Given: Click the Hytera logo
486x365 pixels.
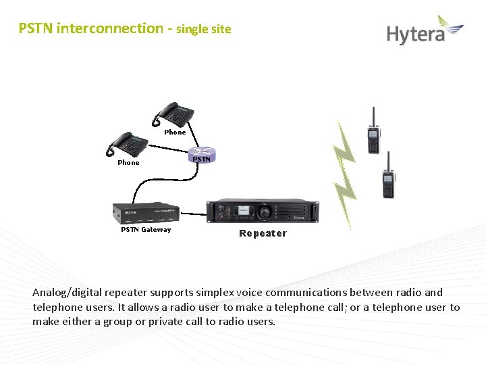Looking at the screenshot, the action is click(x=425, y=31).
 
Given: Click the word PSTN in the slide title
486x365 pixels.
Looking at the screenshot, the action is click(x=36, y=28).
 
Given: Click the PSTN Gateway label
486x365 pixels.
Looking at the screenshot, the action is click(x=146, y=230).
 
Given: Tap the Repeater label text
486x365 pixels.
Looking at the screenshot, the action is click(x=263, y=233).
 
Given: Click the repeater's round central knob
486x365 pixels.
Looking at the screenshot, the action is click(x=265, y=212).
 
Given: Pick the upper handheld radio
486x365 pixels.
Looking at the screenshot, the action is click(x=373, y=132).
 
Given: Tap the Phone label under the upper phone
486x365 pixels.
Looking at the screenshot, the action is click(x=175, y=132).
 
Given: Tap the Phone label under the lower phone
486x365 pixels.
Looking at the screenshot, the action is click(x=128, y=163).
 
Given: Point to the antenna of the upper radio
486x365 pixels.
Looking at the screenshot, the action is click(x=371, y=114).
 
